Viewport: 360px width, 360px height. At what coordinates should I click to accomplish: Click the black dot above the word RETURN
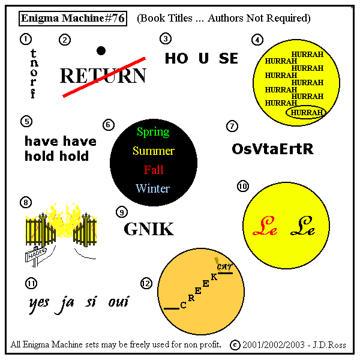[101, 51]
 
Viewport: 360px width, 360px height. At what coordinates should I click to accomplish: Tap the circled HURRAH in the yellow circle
[307, 112]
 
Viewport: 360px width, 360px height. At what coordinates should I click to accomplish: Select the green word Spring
[153, 132]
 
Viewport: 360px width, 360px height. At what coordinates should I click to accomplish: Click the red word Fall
[154, 170]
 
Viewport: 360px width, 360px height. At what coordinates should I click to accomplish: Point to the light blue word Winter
[152, 188]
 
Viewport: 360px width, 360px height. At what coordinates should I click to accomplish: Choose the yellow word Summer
[154, 151]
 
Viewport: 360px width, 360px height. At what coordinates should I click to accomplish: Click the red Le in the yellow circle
[265, 226]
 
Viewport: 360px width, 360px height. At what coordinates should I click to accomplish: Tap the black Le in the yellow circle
[302, 226]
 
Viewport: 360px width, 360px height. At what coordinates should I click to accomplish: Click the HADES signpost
[36, 255]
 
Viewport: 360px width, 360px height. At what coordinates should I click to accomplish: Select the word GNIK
[149, 229]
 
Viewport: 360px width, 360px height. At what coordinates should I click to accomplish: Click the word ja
[64, 303]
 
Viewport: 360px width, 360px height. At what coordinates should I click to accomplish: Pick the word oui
[118, 302]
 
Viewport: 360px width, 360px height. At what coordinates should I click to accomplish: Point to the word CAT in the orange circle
[224, 267]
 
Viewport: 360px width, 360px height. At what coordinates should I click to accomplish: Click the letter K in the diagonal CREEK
[214, 277]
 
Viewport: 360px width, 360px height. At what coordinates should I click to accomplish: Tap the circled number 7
[232, 126]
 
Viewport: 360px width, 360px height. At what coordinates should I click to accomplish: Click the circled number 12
[146, 284]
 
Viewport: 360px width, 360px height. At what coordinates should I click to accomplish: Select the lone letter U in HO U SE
[203, 58]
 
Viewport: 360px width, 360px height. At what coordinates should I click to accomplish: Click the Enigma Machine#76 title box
[73, 19]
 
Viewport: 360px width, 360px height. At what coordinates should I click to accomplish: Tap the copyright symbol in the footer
[235, 345]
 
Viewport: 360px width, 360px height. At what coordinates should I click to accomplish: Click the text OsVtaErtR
[272, 149]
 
